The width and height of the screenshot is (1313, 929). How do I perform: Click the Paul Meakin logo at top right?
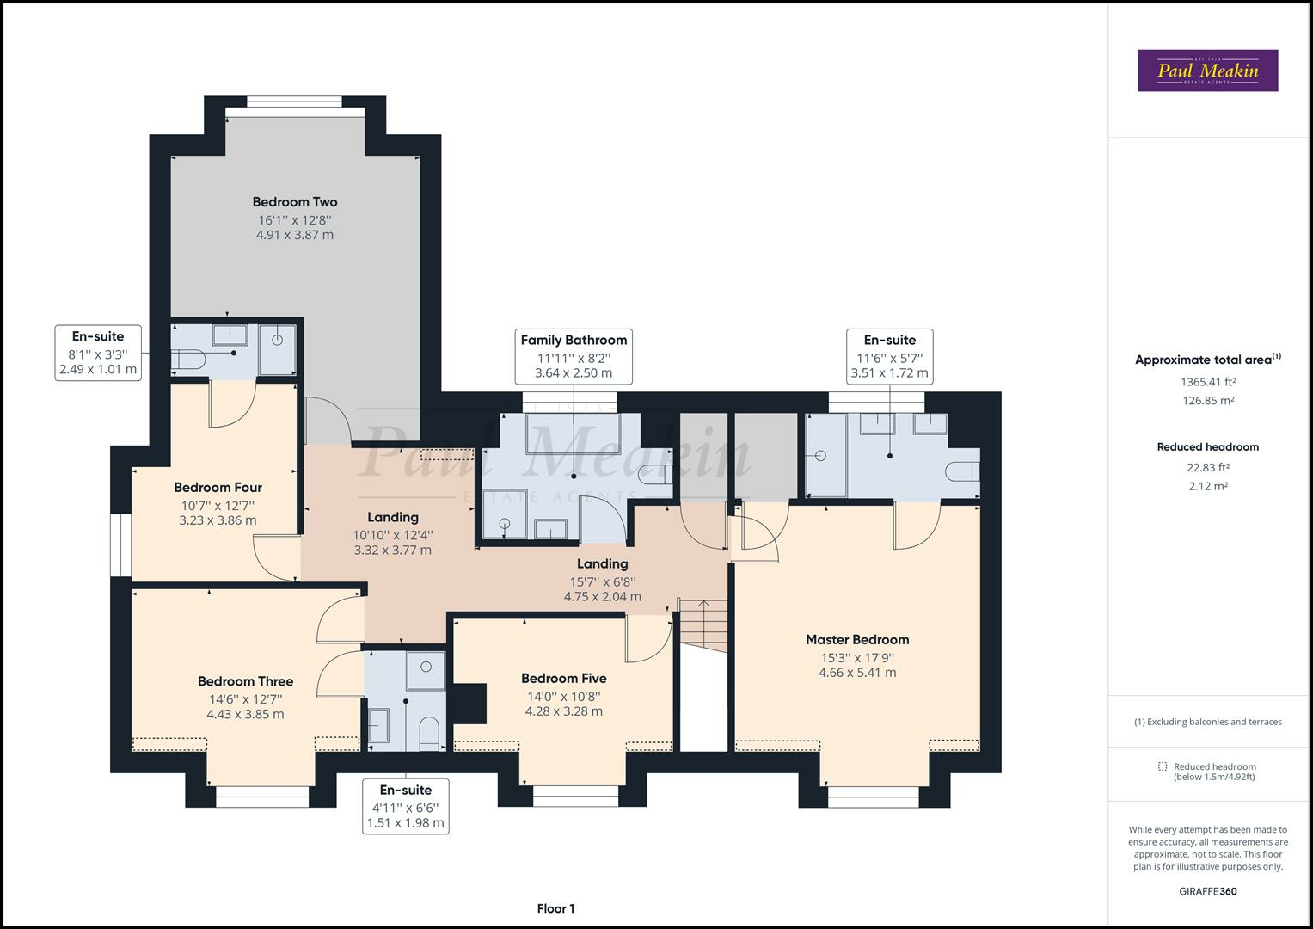coord(1207,71)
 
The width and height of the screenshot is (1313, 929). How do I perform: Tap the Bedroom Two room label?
coord(295,202)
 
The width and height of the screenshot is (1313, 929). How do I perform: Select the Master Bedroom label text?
coord(856,639)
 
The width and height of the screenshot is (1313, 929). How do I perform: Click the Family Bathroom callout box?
coord(574,356)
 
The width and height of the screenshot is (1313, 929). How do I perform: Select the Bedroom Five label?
coord(563,678)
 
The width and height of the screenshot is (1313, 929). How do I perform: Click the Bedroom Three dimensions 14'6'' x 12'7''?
coord(245,698)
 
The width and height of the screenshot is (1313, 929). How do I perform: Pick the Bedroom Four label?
coord(218,487)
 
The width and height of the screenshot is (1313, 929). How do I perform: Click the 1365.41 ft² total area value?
coord(1207,382)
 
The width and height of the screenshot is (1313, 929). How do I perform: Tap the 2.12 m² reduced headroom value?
coord(1207,486)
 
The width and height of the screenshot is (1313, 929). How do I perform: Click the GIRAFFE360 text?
coord(1207,891)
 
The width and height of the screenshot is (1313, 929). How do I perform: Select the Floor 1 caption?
coord(555,908)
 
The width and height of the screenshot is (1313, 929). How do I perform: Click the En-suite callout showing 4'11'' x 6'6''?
coord(406,806)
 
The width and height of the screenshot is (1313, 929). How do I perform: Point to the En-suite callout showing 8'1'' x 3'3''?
coord(98,353)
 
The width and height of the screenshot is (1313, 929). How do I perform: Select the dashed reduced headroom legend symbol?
coord(1163,766)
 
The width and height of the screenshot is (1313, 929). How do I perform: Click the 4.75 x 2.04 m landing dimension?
coord(602,596)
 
